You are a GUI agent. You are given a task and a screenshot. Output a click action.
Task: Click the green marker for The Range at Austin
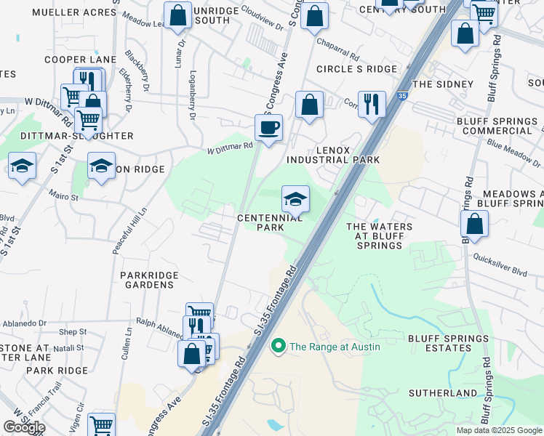pos(277,347)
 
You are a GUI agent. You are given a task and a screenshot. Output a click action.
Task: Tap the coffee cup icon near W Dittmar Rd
pos(268,128)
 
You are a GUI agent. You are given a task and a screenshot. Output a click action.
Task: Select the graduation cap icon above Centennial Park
pos(295,198)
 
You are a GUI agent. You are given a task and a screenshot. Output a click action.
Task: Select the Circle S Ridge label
pos(356,69)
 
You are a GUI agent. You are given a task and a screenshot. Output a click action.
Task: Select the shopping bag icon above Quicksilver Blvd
pos(474,225)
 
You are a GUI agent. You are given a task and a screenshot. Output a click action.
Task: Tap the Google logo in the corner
pos(24,427)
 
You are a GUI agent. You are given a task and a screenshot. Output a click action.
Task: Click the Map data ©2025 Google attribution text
pos(499,430)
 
